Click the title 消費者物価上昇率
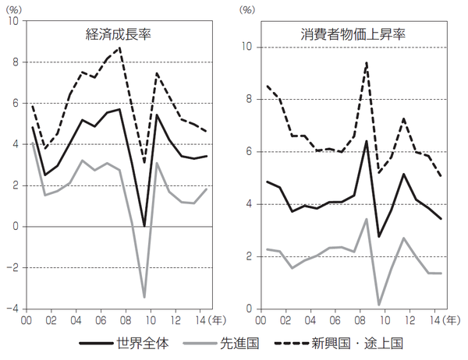344,34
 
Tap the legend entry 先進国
236,343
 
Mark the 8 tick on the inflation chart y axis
248,99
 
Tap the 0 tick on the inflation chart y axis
248,309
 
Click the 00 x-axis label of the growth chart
26,320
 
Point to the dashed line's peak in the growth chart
119,48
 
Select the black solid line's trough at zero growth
144,226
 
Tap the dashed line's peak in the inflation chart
367,62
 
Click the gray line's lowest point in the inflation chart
378,305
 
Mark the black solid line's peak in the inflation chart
367,141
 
